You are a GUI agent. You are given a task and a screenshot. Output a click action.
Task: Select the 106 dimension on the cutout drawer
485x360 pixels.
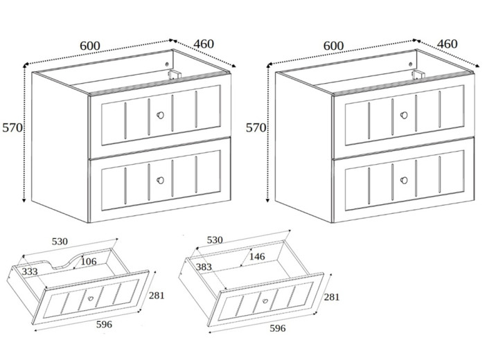pyautogui.click(x=89, y=261)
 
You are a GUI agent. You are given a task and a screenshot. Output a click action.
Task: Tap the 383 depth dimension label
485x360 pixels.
pyautogui.click(x=204, y=267)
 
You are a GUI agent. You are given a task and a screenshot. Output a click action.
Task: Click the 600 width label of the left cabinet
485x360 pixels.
pyautogui.click(x=90, y=46)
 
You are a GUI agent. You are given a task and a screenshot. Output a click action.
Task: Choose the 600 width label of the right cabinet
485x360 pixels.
pyautogui.click(x=333, y=46)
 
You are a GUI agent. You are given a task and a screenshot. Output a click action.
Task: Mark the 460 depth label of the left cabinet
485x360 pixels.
pyautogui.click(x=204, y=44)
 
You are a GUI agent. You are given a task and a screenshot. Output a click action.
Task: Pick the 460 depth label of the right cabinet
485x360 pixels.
pyautogui.click(x=448, y=44)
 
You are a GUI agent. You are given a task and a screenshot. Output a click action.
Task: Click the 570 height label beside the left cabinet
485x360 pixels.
pyautogui.click(x=12, y=128)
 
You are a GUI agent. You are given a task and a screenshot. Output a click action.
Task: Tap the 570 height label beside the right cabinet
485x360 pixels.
pyautogui.click(x=256, y=128)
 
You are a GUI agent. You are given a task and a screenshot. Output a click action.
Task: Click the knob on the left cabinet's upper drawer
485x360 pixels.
pyautogui.click(x=161, y=116)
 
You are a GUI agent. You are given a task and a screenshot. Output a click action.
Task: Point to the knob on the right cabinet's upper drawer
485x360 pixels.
pyautogui.click(x=404, y=116)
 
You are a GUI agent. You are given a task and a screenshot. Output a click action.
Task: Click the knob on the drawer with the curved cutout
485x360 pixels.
pyautogui.click(x=89, y=300)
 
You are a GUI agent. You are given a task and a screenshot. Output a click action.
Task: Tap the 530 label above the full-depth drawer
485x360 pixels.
pyautogui.click(x=215, y=240)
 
